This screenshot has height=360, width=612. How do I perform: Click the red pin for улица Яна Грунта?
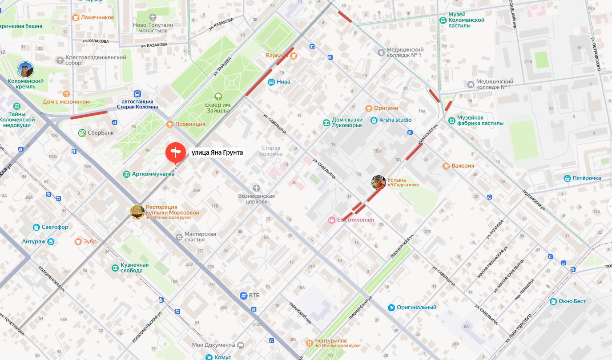click(176, 153)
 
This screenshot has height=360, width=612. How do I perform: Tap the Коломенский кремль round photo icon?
click(25, 70)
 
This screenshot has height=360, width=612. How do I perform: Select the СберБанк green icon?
click(82, 133)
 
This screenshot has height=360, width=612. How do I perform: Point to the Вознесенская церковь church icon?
click(256, 188)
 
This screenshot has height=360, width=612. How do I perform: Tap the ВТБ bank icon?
click(243, 296)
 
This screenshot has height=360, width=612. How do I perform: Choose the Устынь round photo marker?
click(378, 182)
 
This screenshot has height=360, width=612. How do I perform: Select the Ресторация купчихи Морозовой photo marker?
click(137, 212)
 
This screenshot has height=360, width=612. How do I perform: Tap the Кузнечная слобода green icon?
click(115, 268)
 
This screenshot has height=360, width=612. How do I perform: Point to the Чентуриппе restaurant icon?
click(309, 343)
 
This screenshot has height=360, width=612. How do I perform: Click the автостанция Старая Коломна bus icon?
click(138, 94)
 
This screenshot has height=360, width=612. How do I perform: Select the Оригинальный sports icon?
click(391, 308)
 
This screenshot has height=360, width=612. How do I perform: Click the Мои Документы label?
click(213, 345)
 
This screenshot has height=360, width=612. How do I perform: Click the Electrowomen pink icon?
click(331, 220)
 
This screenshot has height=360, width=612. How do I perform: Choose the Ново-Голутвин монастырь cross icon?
click(153, 17)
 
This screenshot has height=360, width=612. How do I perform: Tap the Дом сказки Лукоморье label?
click(347, 123)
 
